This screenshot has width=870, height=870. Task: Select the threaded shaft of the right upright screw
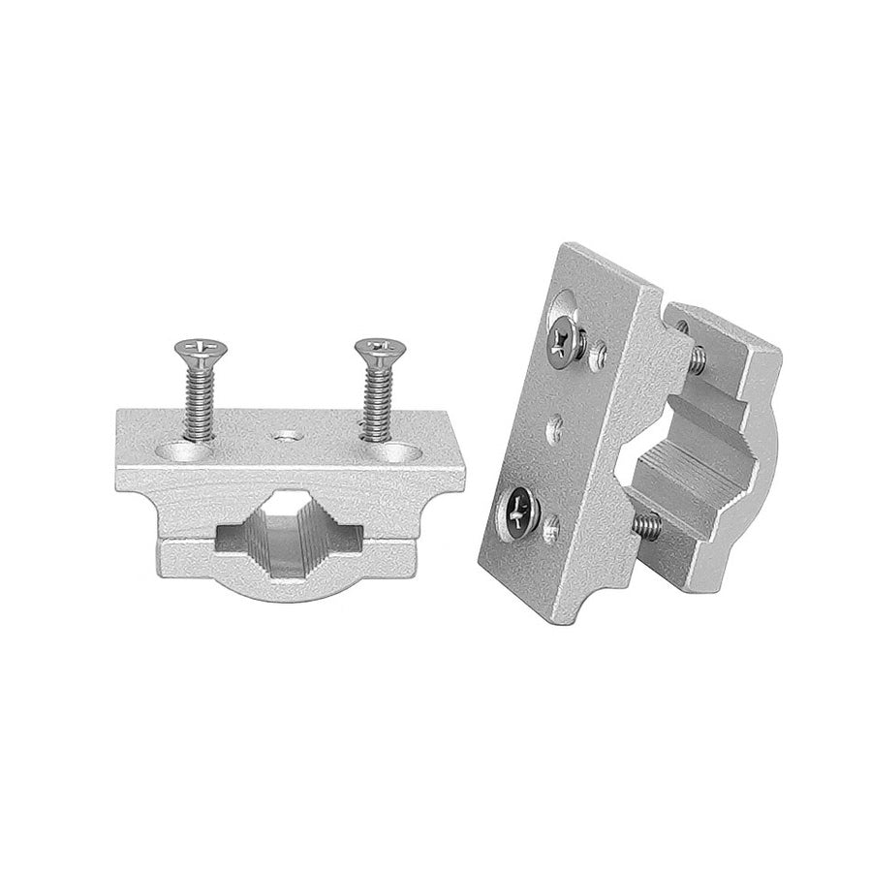pyautogui.click(x=375, y=397)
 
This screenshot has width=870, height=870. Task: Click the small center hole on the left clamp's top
pyautogui.click(x=284, y=438)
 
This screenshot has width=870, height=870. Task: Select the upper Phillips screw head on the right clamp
pyautogui.click(x=564, y=338)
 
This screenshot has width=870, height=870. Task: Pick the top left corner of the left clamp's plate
pyautogui.click(x=121, y=413)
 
